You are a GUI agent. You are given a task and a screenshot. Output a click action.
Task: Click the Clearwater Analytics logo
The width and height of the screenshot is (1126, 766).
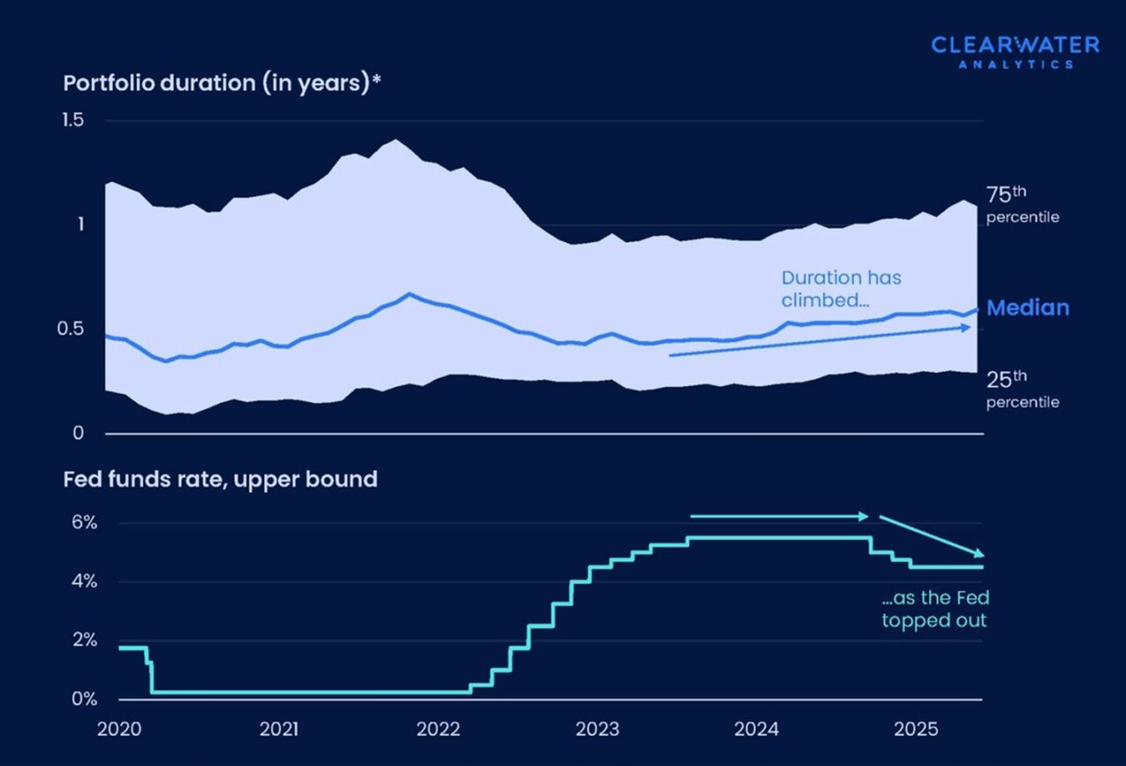pyautogui.click(x=1014, y=51)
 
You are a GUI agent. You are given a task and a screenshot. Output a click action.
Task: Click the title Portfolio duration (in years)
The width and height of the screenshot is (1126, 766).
pyautogui.click(x=221, y=84)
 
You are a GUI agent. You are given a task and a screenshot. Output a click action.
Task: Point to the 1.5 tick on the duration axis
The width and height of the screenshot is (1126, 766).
pyautogui.click(x=71, y=120)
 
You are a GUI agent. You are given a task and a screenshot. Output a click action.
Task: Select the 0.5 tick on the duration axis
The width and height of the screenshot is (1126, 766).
pyautogui.click(x=71, y=329)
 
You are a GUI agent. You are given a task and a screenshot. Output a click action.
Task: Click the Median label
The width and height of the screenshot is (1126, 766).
pyautogui.click(x=1027, y=308)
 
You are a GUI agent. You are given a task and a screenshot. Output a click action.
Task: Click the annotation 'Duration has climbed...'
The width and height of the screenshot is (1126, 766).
pyautogui.click(x=841, y=288)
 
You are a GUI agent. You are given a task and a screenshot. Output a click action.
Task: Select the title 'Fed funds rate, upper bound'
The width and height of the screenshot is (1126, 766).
pyautogui.click(x=220, y=479)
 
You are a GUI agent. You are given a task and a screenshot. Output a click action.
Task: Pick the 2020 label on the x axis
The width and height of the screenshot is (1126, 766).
pyautogui.click(x=121, y=729)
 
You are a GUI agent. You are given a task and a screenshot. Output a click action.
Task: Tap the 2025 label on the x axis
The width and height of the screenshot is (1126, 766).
pyautogui.click(x=915, y=729)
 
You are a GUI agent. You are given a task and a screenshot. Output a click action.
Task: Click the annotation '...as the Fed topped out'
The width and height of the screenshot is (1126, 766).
pyautogui.click(x=935, y=609)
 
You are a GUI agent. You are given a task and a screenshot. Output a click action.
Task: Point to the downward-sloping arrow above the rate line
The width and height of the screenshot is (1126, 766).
pyautogui.click(x=932, y=536)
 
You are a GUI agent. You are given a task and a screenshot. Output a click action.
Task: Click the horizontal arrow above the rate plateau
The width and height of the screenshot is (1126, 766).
pyautogui.click(x=779, y=516)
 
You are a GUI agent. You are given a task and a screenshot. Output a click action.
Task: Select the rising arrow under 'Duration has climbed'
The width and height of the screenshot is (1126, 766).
pyautogui.click(x=820, y=341)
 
